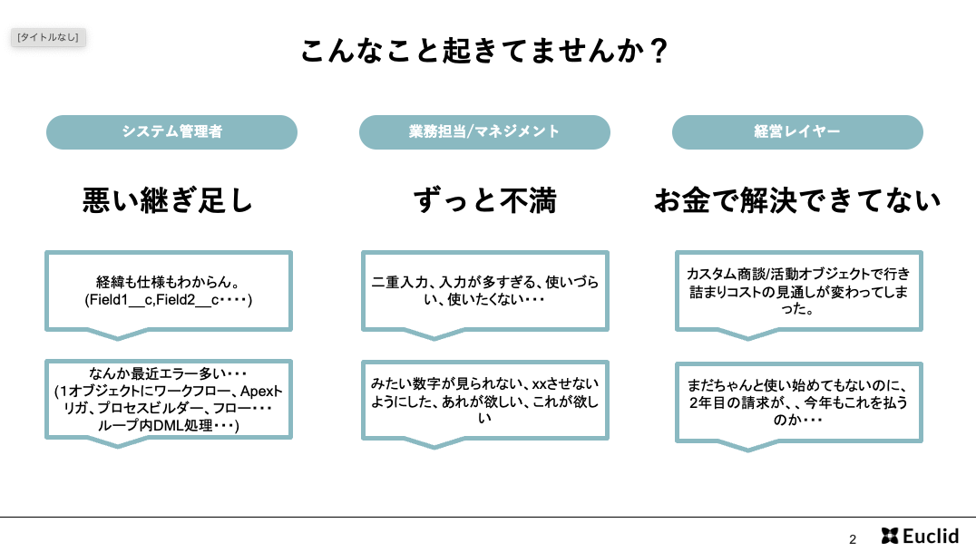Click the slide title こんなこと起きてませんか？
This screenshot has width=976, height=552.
point(484,51)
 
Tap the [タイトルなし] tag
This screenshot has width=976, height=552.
point(48,37)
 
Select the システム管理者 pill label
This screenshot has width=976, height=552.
point(171,132)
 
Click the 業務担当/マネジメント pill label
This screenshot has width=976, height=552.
point(484,132)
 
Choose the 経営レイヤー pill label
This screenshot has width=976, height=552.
point(797,132)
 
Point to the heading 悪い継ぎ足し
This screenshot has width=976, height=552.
point(168,200)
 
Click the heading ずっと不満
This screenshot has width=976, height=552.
point(485,200)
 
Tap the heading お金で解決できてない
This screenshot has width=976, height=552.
point(797,200)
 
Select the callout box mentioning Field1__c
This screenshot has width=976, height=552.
point(169,291)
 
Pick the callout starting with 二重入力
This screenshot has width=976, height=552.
point(485,291)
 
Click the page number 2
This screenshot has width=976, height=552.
point(853,539)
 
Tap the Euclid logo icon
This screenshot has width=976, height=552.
point(890,536)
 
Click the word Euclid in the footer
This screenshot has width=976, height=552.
point(931,536)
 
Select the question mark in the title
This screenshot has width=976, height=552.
point(658,51)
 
